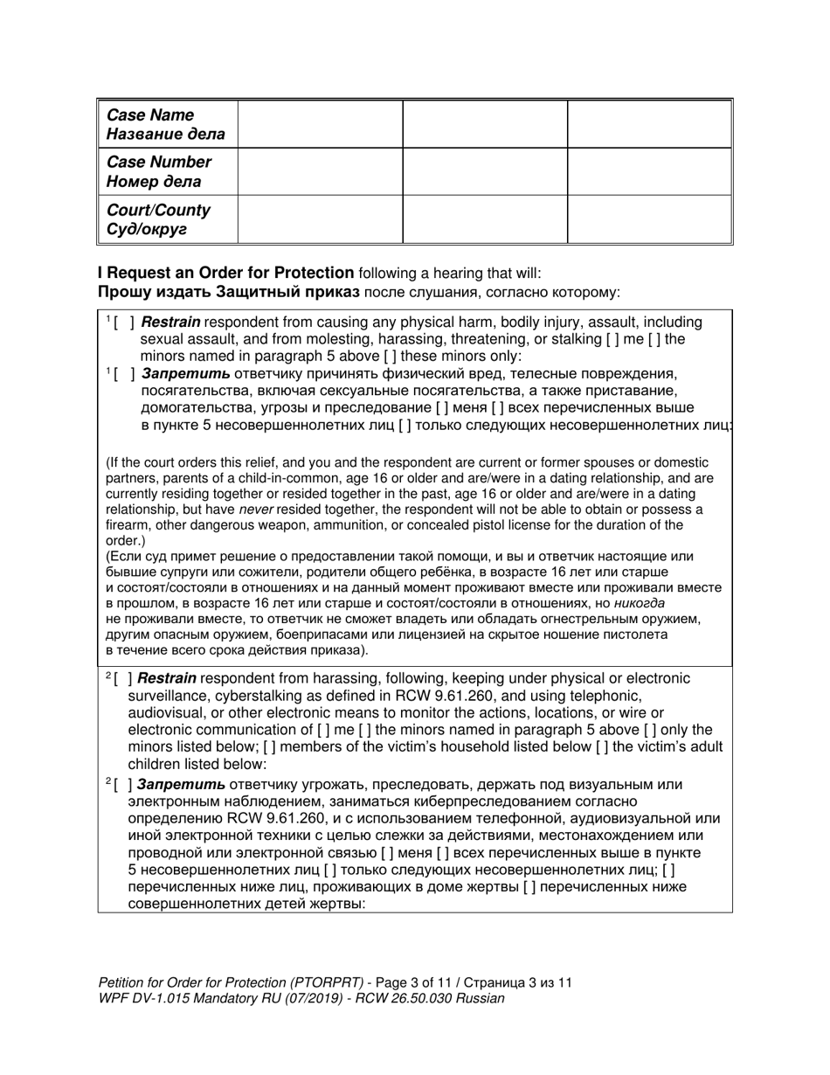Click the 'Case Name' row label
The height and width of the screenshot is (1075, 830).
pos(149,115)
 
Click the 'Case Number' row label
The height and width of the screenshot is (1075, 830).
pos(158,163)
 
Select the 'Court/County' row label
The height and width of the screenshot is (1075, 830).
pos(158,211)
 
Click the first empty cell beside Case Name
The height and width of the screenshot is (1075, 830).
pos(320,124)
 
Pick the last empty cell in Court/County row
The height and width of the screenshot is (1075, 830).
pos(649,219)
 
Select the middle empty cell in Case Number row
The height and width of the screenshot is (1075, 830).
pos(485,171)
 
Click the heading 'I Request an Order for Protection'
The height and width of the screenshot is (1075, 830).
pos(226,273)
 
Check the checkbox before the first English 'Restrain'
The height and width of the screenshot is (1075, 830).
pos(123,322)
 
